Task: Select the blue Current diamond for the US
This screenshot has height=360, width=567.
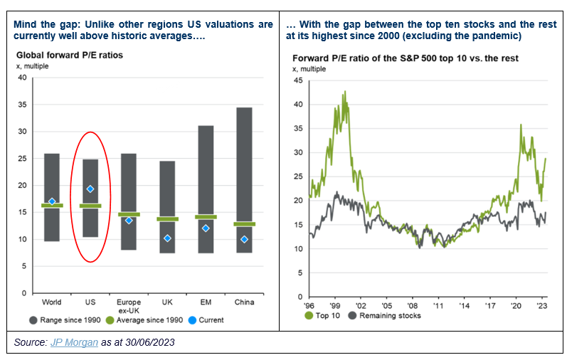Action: pyautogui.click(x=90, y=189)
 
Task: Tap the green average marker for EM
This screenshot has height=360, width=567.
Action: pyautogui.click(x=206, y=217)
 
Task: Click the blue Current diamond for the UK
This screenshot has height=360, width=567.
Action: pyautogui.click(x=167, y=238)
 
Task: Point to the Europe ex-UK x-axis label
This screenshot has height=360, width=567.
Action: pyautogui.click(x=129, y=306)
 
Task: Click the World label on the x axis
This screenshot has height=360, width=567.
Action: pyautogui.click(x=52, y=302)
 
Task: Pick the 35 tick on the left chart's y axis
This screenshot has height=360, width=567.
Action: pyautogui.click(x=21, y=105)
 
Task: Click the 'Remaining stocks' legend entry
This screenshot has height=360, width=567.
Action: pyautogui.click(x=388, y=314)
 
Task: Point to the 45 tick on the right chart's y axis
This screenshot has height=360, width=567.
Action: pyautogui.click(x=297, y=80)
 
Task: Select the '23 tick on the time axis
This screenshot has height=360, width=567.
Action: pyautogui.click(x=542, y=302)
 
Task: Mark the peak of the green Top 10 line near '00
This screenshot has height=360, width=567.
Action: pyautogui.click(x=345, y=91)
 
